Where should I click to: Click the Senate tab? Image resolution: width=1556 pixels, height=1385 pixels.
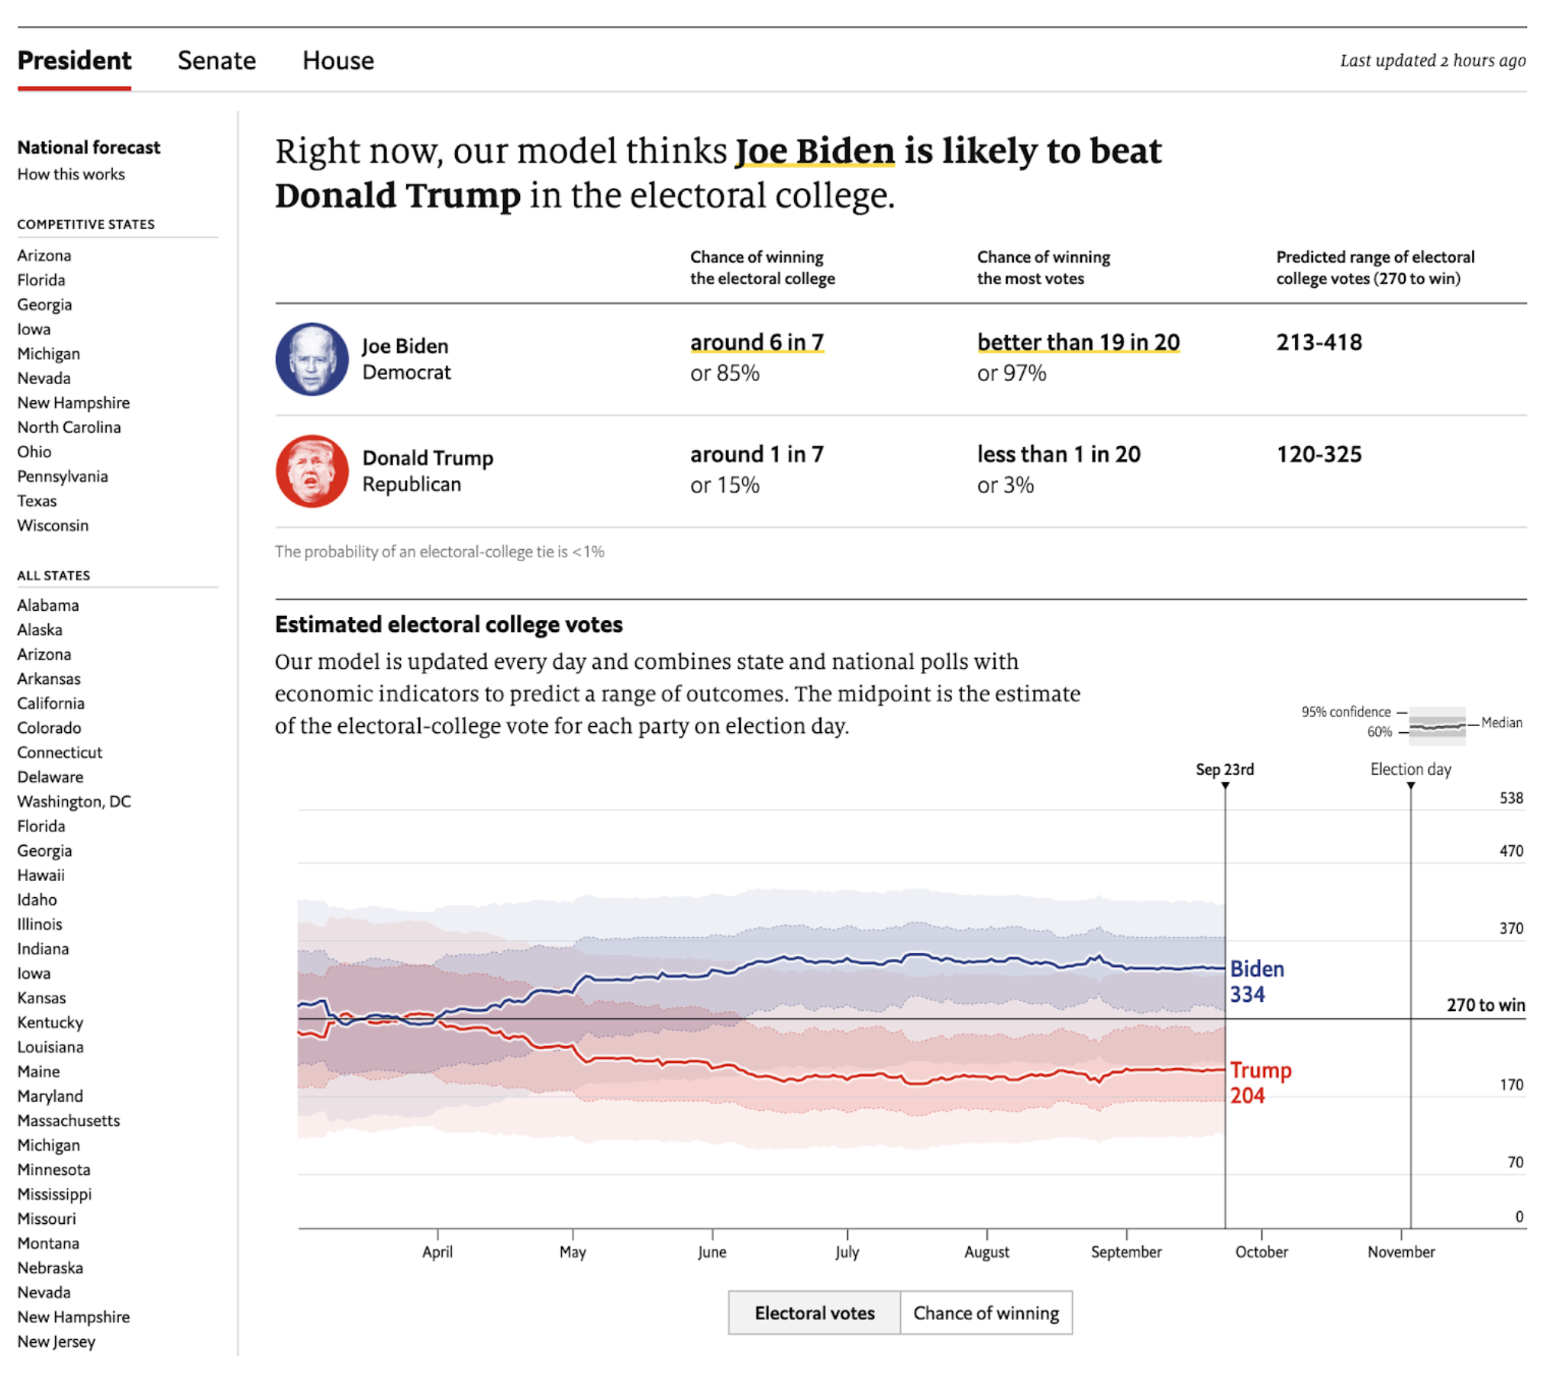(x=217, y=60)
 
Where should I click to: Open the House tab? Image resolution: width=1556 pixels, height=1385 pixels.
(x=337, y=60)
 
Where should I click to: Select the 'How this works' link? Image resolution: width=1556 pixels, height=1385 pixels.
(x=71, y=174)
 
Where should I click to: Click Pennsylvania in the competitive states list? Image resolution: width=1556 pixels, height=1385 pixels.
(x=63, y=476)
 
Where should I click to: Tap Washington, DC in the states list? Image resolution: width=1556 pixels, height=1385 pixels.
(x=74, y=802)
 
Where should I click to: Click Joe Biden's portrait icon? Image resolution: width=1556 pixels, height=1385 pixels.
(x=312, y=359)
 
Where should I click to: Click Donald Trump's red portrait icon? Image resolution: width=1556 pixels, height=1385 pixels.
(x=312, y=471)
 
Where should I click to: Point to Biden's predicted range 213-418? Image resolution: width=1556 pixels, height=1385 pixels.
(x=1319, y=343)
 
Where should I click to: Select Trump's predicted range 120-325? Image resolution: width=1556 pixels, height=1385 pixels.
(x=1319, y=455)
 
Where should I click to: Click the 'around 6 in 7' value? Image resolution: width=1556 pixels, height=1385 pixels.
(x=757, y=343)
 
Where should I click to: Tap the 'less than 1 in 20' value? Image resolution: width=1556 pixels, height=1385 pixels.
(x=1058, y=455)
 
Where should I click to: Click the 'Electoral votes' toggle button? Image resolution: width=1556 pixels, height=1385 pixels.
(x=814, y=1313)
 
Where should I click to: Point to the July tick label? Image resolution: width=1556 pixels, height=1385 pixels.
(x=847, y=1252)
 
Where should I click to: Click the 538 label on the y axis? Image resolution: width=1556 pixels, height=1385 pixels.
(x=1510, y=799)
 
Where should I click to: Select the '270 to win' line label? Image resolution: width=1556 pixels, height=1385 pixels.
(x=1485, y=1006)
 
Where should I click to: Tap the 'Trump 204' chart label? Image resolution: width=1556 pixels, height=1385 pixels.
(x=1260, y=1083)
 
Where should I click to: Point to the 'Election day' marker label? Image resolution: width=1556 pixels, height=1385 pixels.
(x=1410, y=770)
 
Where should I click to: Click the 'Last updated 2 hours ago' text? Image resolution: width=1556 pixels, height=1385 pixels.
(x=1432, y=60)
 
